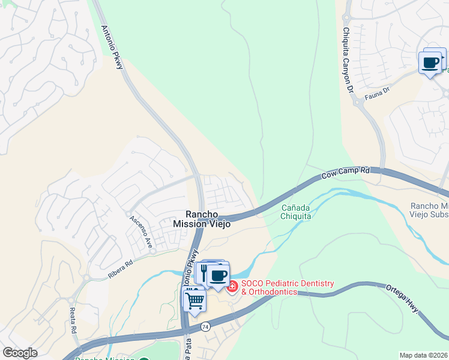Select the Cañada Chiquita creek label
(296, 212)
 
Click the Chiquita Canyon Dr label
(348, 59)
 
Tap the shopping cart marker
(194, 299)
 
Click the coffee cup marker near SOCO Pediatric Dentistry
(218, 275)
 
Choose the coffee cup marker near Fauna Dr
(430, 62)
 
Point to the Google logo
(20, 353)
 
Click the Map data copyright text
(423, 355)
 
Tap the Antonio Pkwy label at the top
(112, 47)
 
